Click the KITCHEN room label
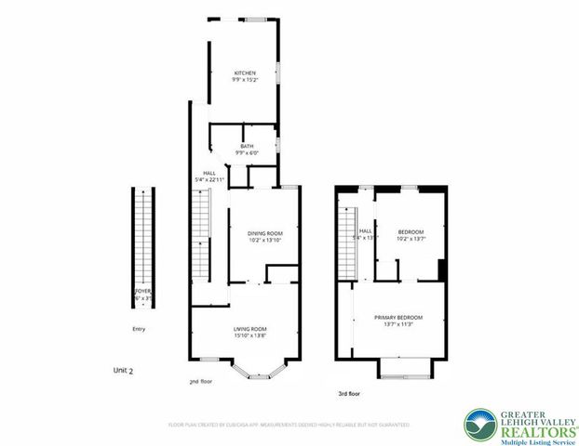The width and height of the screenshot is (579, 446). (x=245, y=73)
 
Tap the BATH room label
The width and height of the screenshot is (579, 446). (x=247, y=146)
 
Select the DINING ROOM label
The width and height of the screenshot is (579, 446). (x=264, y=233)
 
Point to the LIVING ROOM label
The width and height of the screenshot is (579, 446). (x=249, y=328)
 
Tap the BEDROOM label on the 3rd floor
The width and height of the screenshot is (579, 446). (x=411, y=231)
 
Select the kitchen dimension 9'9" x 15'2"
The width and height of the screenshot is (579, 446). (x=245, y=81)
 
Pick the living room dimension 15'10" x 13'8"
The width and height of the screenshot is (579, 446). (x=249, y=335)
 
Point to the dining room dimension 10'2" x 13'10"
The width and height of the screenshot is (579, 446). (x=264, y=241)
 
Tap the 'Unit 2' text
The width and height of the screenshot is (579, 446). (x=123, y=370)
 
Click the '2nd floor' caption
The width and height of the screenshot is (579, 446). (x=200, y=381)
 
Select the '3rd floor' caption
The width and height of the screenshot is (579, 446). (x=349, y=394)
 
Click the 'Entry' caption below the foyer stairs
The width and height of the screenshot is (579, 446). (x=139, y=328)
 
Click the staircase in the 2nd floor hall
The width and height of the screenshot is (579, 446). (x=201, y=236)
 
